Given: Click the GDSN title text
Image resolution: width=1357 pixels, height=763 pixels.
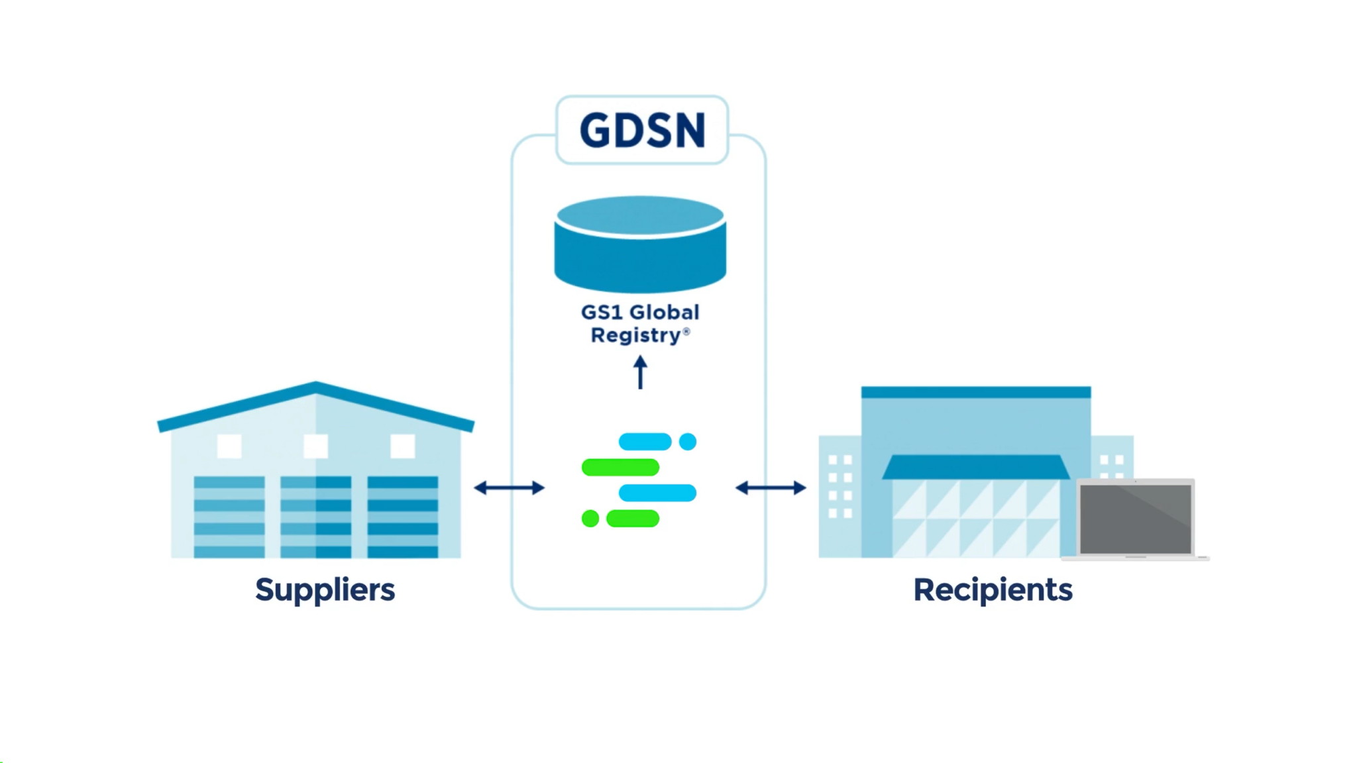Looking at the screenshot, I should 642,130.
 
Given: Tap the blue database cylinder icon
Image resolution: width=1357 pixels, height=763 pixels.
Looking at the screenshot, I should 640,245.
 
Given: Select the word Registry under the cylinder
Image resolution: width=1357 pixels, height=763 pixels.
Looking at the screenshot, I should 636,335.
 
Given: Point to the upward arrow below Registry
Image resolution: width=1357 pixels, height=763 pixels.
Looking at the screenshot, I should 640,372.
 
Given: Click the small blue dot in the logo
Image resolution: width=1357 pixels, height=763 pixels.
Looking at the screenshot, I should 688,441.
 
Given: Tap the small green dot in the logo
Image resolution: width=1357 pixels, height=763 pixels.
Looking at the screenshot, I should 590,518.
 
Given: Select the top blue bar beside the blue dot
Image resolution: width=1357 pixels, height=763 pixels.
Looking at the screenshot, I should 645,441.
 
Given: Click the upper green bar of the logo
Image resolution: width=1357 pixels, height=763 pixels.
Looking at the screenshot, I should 620,467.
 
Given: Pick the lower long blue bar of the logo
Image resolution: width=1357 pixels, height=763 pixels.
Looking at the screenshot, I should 657,492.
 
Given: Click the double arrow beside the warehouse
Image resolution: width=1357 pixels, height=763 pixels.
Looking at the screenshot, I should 509,488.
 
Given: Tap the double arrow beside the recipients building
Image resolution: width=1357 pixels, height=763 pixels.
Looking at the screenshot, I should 771,488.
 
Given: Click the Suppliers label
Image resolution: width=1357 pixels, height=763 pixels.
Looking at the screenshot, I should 325,589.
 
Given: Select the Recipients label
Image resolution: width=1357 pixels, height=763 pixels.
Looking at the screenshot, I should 992,589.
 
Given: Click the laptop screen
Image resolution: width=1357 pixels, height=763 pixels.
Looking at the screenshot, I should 1135,518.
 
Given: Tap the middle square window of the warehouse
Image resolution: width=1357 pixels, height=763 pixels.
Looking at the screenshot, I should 315,446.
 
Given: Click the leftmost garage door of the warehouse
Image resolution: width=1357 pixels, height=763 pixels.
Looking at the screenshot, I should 229,517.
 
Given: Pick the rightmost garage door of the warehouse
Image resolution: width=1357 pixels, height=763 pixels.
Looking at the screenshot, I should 403,517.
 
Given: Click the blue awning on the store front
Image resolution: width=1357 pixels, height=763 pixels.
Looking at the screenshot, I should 975,467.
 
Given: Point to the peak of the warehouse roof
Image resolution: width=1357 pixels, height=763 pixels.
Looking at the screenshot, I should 315,385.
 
